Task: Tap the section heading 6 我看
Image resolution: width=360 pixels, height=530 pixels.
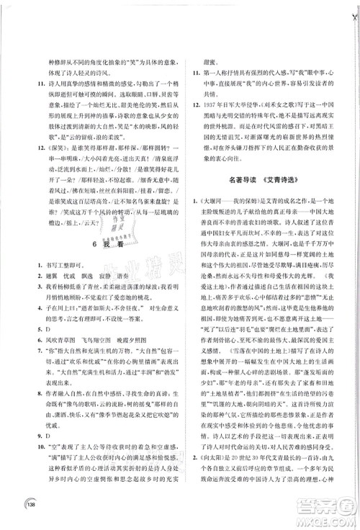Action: tap(96, 264)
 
